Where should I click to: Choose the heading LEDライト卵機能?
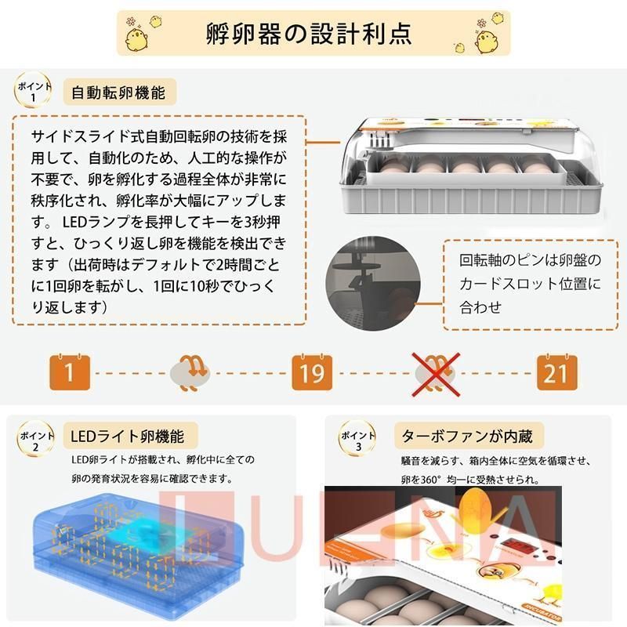pyautogui.click(x=127, y=436)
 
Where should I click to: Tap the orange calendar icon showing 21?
pyautogui.click(x=555, y=371)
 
